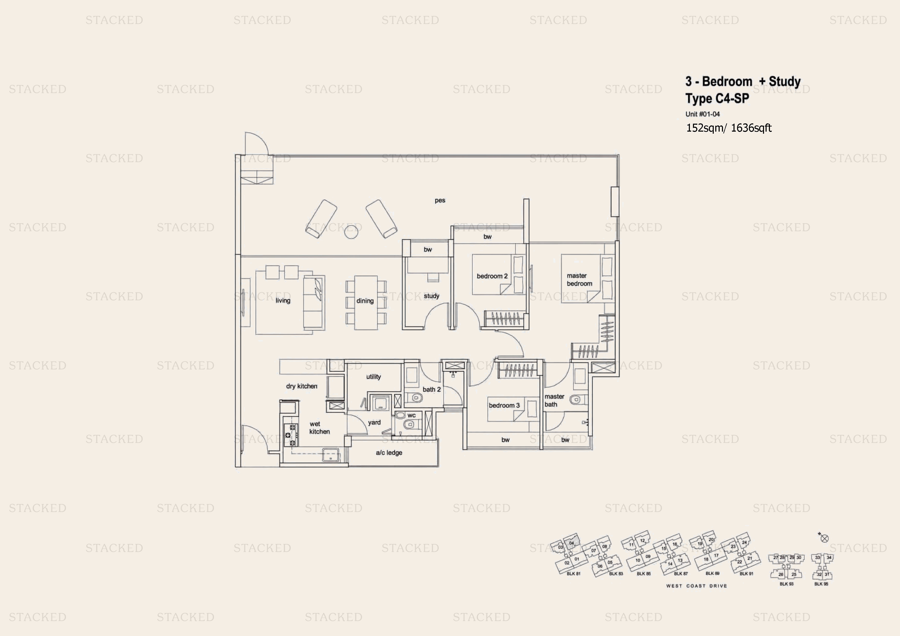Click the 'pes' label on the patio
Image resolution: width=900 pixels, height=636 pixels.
440,201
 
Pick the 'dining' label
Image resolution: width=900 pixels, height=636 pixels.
365,301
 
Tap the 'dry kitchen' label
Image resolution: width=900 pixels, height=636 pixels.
301,386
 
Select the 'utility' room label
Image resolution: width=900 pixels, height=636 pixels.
373,377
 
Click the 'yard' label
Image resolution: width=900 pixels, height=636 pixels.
374,423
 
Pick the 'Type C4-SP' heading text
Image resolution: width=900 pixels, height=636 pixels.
717,98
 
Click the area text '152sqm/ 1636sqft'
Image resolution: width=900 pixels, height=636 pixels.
728,128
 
